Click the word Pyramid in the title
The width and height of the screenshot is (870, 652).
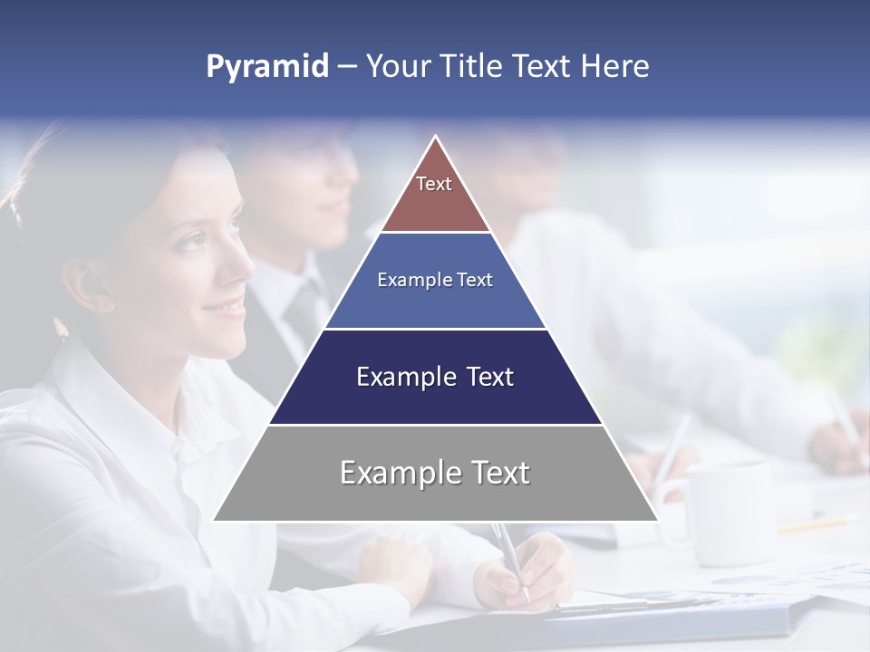click(x=266, y=67)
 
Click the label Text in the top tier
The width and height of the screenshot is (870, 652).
click(x=434, y=184)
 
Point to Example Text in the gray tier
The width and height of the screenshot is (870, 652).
click(x=435, y=473)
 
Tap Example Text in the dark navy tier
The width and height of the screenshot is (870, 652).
click(x=435, y=377)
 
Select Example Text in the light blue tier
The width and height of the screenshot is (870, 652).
click(x=435, y=280)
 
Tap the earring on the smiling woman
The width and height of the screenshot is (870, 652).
click(x=62, y=328)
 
